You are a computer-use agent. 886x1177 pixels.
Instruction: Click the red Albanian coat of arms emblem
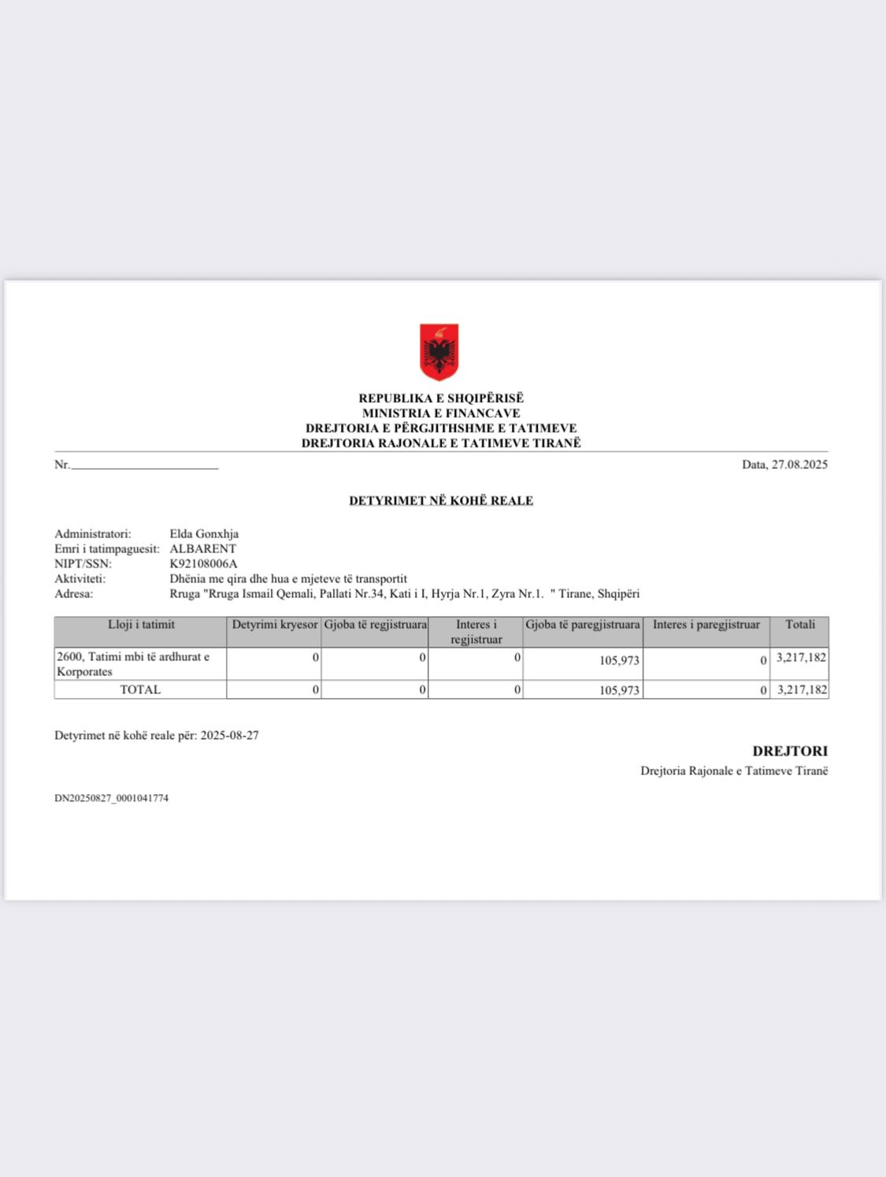(x=439, y=351)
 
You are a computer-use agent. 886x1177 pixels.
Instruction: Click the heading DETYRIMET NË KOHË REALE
(x=441, y=500)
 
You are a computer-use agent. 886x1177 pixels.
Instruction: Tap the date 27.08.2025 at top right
(x=799, y=464)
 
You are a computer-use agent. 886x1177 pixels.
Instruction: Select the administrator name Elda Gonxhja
(x=204, y=533)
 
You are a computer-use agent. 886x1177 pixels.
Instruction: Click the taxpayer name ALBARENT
(x=202, y=548)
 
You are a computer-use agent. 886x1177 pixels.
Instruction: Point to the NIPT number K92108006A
(x=203, y=563)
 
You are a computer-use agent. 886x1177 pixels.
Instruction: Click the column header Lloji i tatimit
(x=141, y=625)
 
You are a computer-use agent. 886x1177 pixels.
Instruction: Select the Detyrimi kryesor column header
(x=274, y=625)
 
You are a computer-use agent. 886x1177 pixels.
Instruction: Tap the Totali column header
(x=799, y=625)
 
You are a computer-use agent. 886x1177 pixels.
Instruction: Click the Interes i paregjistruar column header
(x=706, y=625)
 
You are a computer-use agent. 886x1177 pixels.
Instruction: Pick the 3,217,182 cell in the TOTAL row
(x=802, y=689)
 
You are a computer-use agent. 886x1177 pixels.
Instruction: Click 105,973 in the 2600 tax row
(x=619, y=660)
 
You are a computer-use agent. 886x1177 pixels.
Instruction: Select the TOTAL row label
(x=140, y=689)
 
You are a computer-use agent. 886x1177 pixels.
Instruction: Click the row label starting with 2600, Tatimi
(x=132, y=663)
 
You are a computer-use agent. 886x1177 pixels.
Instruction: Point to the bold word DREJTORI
(x=790, y=751)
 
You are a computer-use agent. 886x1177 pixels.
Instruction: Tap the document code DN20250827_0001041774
(x=111, y=798)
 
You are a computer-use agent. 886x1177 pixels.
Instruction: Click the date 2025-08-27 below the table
(x=229, y=735)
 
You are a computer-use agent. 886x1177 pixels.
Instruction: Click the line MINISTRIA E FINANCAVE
(x=441, y=413)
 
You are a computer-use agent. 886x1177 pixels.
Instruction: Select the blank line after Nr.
(x=144, y=466)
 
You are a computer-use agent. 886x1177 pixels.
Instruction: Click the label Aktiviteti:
(x=80, y=578)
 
